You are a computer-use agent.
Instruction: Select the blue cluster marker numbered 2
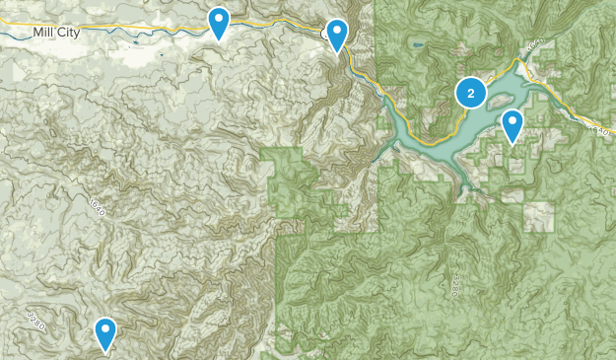click(x=471, y=93)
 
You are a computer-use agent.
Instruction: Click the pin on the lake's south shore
click(x=513, y=126)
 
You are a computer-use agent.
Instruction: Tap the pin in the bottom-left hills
click(x=105, y=334)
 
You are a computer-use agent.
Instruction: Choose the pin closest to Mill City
click(x=219, y=23)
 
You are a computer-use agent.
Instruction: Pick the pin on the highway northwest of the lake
click(x=338, y=36)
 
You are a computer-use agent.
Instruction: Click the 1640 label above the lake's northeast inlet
click(x=533, y=48)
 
